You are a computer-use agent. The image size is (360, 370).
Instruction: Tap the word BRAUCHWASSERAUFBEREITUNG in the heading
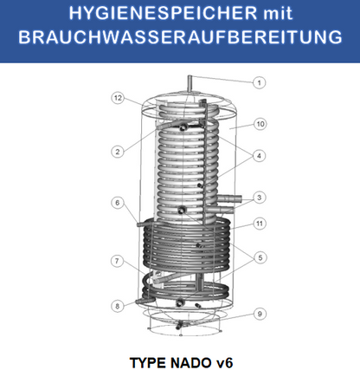(x=180, y=41)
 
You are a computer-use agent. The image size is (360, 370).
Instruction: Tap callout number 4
(x=259, y=157)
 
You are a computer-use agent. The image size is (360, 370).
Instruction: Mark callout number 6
(x=118, y=203)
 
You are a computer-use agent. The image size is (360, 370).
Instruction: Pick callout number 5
(x=259, y=256)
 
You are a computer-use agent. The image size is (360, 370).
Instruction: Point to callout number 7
(x=115, y=260)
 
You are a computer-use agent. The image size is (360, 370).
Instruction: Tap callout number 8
(x=115, y=305)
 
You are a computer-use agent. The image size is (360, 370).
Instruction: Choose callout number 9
(x=259, y=314)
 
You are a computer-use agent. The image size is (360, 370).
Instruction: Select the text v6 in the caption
(x=222, y=356)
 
